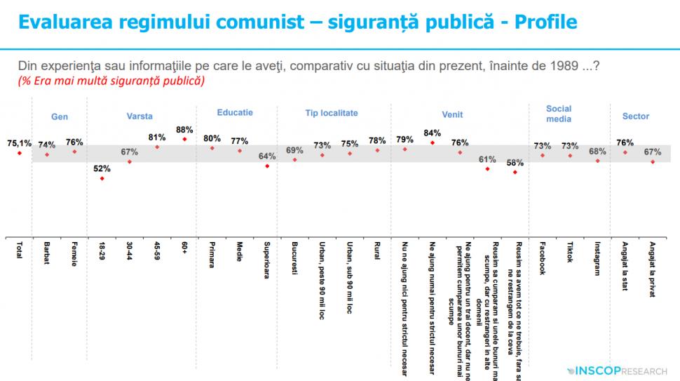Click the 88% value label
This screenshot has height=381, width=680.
pyautogui.click(x=184, y=129)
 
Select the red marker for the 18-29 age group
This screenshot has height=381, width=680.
pyautogui.click(x=102, y=178)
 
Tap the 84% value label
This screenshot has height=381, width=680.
pyautogui.click(x=433, y=133)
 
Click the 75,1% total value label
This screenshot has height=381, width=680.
pyautogui.click(x=20, y=142)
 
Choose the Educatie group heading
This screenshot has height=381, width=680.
pyautogui.click(x=235, y=112)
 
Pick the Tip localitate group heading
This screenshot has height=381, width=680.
pyautogui.click(x=332, y=113)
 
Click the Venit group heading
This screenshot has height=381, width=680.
pyautogui.click(x=452, y=114)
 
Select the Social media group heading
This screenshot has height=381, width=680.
pyautogui.click(x=559, y=114)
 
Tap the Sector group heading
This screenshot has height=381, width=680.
pyautogui.click(x=636, y=116)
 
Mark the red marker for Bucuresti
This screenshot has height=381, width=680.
pyautogui.click(x=295, y=160)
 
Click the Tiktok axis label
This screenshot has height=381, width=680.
pyautogui.click(x=570, y=253)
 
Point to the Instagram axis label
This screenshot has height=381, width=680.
pyautogui.click(x=597, y=259)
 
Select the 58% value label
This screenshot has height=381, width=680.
pyautogui.click(x=515, y=163)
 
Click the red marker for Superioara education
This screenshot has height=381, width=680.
pyautogui.click(x=267, y=166)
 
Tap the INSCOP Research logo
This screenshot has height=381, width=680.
pyautogui.click(x=620, y=370)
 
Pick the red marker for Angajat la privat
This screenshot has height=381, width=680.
pyautogui.click(x=653, y=162)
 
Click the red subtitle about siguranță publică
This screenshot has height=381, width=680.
pyautogui.click(x=111, y=81)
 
